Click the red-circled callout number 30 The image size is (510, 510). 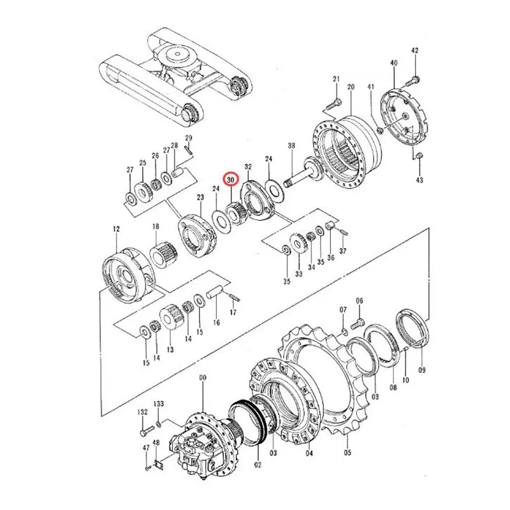[x=230, y=180]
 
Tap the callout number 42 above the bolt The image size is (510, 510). [x=414, y=50]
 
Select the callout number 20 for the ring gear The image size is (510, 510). [x=350, y=87]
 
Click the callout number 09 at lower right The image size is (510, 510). [x=421, y=370]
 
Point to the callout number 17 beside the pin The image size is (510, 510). [x=233, y=312]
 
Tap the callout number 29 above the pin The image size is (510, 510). [x=189, y=138]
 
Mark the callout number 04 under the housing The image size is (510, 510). [x=310, y=455]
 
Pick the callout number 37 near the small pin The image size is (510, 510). [x=342, y=251]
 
